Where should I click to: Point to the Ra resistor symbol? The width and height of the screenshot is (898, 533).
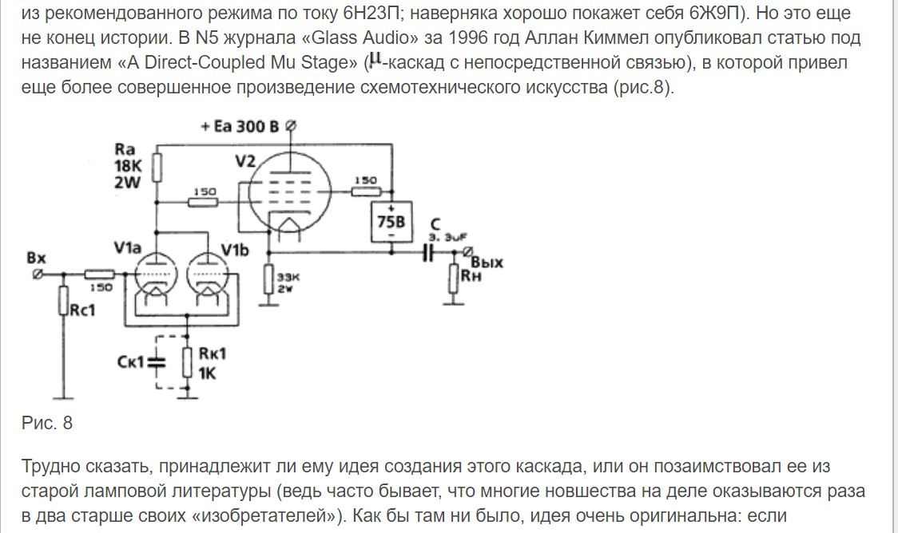tap(157, 167)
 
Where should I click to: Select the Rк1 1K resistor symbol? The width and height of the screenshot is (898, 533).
tap(186, 363)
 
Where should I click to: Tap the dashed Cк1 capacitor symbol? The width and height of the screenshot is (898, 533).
tap(157, 363)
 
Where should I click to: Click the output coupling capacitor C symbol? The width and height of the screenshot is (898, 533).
tap(430, 252)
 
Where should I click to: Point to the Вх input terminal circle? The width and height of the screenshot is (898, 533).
tap(35, 273)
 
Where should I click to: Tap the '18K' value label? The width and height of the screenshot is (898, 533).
tap(128, 166)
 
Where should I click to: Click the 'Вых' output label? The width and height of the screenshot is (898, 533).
tap(487, 263)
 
